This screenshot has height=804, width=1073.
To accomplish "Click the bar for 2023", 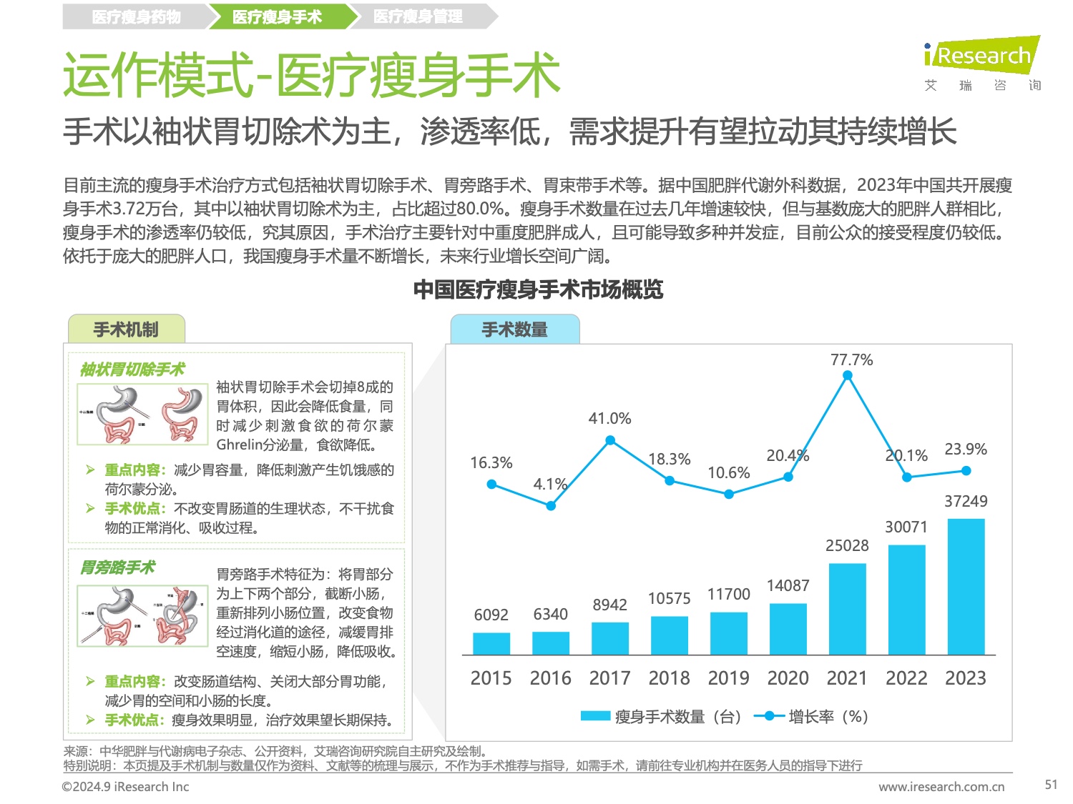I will point(966,586).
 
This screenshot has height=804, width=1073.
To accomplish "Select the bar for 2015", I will point(491,643).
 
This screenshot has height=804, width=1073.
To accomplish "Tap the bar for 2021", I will point(847,609).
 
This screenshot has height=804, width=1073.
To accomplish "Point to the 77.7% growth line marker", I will point(848,376).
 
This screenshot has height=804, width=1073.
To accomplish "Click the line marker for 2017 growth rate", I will point(610,440).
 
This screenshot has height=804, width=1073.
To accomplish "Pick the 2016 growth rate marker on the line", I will point(551,506).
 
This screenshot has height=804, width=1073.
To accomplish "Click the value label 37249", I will point(966,501).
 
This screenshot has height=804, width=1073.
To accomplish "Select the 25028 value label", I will point(847,545).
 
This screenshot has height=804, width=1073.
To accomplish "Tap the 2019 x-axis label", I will point(728,678).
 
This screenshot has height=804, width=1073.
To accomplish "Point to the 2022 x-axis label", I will point(906,678).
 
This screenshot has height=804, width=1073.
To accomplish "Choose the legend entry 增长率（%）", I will point(812,716).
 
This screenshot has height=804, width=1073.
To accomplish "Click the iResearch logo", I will point(981,56).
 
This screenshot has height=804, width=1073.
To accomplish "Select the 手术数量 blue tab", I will point(514,329).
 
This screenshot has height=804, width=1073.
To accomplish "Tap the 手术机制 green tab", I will point(126,329).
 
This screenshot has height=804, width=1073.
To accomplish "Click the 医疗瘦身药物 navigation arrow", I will point(136,16).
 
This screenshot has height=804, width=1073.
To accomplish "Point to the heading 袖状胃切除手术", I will point(132,369).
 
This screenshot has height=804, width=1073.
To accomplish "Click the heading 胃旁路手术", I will point(117,567).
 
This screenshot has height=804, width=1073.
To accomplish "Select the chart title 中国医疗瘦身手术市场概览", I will point(538,289).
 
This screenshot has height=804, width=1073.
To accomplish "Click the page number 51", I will point(1051,784).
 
